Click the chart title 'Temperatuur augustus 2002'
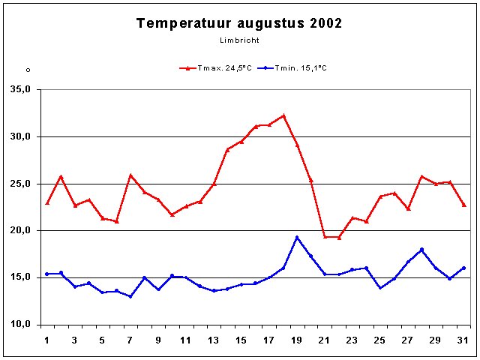[239, 23]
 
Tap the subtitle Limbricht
[238, 40]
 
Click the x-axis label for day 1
[47, 340]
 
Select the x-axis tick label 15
[241, 340]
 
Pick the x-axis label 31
[463, 340]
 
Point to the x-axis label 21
[325, 340]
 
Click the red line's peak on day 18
[283, 115]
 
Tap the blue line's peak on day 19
[297, 238]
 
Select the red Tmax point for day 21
[325, 237]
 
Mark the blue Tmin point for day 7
[130, 296]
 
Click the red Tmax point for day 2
[61, 177]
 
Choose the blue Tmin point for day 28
[422, 250]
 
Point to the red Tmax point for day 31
[463, 205]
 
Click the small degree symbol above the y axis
[28, 70]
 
